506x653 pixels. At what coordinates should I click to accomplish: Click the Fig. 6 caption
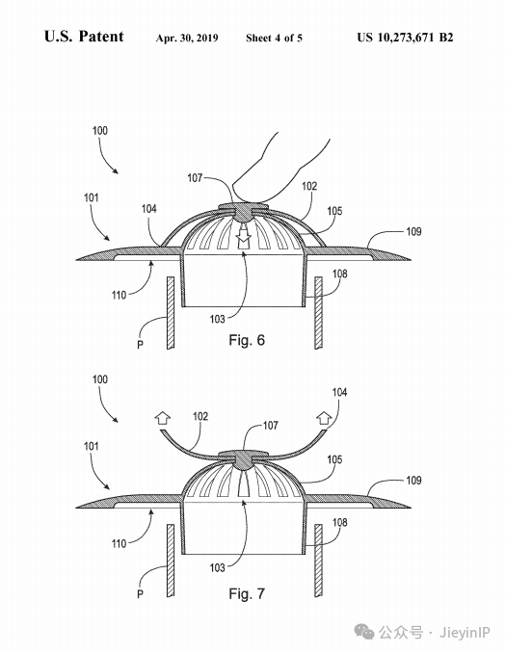(247, 340)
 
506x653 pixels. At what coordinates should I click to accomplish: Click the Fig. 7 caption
(247, 593)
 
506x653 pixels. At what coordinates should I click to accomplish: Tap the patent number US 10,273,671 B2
(405, 38)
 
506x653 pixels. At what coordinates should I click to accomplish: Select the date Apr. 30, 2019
(187, 38)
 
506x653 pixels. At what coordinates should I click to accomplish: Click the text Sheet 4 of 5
(274, 38)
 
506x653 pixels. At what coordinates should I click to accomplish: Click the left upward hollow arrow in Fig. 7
(163, 418)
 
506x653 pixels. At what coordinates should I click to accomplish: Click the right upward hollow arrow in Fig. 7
(324, 418)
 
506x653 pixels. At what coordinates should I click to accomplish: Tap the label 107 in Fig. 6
(195, 178)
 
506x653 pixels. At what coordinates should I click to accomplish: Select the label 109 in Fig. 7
(413, 481)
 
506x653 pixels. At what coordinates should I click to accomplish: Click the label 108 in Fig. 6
(339, 274)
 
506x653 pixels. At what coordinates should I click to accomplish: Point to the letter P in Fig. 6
(140, 344)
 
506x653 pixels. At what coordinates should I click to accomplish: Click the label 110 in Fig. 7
(119, 543)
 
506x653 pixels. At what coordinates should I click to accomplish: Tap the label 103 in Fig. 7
(217, 567)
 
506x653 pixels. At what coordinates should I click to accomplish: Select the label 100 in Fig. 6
(99, 131)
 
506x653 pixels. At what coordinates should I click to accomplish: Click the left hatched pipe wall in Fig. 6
(170, 312)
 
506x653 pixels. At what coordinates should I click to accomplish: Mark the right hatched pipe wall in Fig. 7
(318, 561)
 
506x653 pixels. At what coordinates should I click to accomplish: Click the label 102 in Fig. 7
(200, 416)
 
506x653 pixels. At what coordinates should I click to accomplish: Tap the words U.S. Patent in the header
(84, 37)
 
